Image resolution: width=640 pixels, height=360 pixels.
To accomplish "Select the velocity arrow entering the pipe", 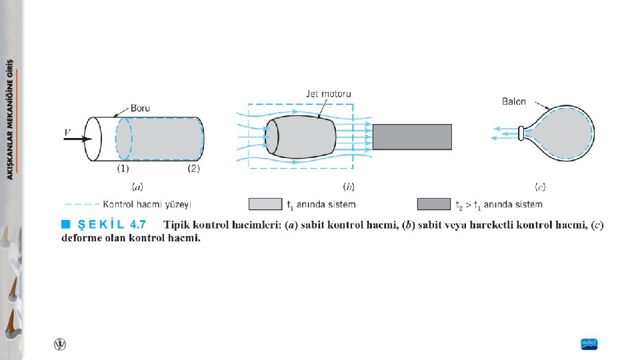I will coord(79,139).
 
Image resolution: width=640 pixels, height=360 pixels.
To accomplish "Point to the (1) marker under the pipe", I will coord(123,169).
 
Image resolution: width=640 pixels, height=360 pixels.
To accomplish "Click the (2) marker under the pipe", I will coord(193,169).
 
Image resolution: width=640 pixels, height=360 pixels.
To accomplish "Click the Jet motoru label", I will coord(329,94).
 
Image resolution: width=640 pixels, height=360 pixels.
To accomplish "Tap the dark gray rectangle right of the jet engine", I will coord(412,137).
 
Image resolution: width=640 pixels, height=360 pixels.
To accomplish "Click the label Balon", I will coord(514,101).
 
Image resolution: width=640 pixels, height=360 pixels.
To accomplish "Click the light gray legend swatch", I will coord(265,204).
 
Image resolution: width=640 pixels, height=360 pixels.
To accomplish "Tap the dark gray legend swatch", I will coord(434,204).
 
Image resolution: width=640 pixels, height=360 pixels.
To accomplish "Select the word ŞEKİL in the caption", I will coord(101,225).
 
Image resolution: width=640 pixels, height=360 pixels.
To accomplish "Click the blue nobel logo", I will coord(589,344).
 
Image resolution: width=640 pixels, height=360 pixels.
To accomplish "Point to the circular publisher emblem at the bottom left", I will coord(60,344).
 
